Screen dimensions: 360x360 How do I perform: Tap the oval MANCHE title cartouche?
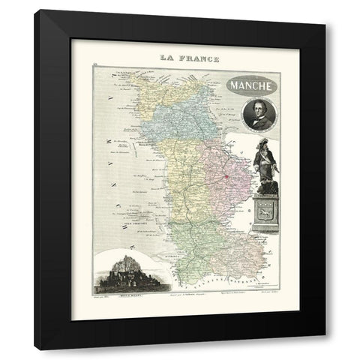pyautogui.click(x=251, y=84)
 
